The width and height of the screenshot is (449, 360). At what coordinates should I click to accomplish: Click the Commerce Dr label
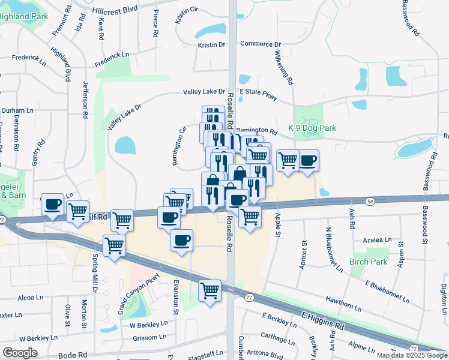pyautogui.click(x=261, y=44)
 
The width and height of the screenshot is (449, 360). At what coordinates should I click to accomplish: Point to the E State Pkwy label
pyautogui.click(x=258, y=92)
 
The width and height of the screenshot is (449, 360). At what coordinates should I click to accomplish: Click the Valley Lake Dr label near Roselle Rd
pyautogui.click(x=204, y=92)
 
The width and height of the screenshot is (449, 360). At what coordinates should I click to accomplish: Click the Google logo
pyautogui.click(x=19, y=353)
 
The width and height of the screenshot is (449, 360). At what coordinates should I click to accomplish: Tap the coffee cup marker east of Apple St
pyautogui.click(x=308, y=160)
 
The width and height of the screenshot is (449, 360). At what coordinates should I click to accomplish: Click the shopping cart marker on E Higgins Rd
pyautogui.click(x=209, y=290)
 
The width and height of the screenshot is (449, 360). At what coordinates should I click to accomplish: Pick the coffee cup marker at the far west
pyautogui.click(x=52, y=203)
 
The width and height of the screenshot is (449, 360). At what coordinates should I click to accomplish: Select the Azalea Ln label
pyautogui.click(x=378, y=239)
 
